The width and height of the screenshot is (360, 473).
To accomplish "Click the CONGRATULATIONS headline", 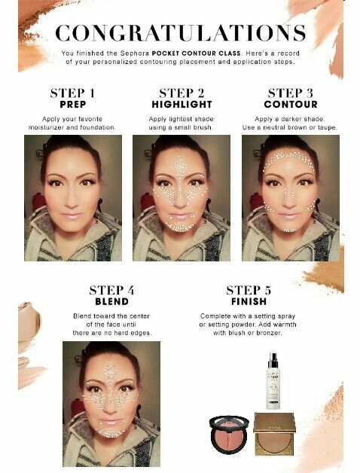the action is [181, 32].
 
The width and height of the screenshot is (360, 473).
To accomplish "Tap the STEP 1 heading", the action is [73, 93].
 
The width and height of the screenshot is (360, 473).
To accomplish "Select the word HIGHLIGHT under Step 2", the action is [182, 105].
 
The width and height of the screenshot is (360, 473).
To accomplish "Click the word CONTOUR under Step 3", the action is [291, 105].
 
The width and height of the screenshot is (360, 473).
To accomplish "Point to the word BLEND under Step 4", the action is [111, 302].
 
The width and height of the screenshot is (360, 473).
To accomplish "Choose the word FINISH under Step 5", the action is [249, 302].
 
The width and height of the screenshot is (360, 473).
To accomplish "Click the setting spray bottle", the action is [273, 380].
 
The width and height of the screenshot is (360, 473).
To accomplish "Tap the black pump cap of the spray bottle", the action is [273, 360].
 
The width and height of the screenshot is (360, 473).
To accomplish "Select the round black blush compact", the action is [229, 434].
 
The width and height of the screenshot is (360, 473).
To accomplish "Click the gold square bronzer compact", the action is [274, 434].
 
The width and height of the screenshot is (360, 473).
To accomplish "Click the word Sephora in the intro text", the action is [135, 53].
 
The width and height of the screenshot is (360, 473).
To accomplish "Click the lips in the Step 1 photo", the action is [72, 215].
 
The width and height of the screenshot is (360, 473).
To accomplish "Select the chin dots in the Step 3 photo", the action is [290, 230].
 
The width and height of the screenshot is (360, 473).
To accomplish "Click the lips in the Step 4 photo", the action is [111, 421].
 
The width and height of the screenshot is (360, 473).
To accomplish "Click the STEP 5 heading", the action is [249, 290].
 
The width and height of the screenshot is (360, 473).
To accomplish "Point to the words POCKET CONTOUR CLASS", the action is [196, 53].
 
